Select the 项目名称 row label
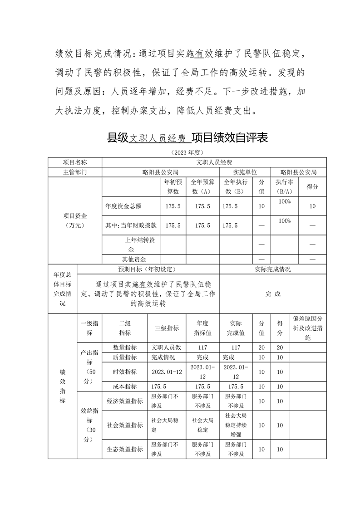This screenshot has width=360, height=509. (75, 162)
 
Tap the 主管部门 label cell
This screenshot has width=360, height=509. (75, 172)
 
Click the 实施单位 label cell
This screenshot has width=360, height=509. (245, 172)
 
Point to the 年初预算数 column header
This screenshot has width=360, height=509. (173, 186)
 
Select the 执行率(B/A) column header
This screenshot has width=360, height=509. (284, 186)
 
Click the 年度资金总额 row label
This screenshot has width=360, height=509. (123, 206)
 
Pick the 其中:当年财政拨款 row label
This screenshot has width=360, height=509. (131, 225)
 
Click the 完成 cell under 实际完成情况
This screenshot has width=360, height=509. (273, 294)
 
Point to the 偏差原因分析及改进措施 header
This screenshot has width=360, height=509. (308, 328)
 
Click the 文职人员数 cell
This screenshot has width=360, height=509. (166, 347)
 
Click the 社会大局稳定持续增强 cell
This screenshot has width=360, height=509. (236, 425)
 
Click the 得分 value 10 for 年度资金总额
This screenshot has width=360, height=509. (312, 206)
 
